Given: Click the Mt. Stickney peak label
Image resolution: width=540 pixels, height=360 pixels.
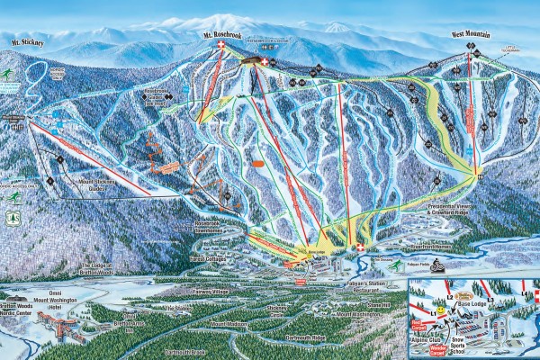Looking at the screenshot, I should pos(28,42).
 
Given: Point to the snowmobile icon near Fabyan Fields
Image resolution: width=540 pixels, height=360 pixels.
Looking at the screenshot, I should pos(436,265).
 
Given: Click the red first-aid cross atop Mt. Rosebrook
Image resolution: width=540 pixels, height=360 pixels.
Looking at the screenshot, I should pos(264,63).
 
